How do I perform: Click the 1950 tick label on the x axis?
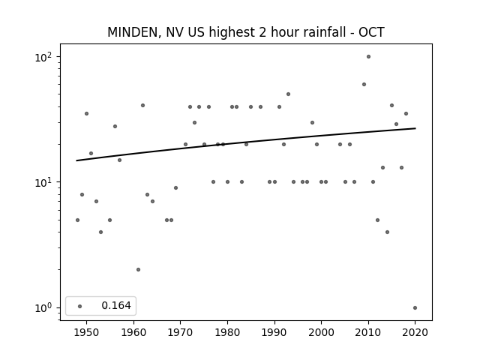[x=87, y=332]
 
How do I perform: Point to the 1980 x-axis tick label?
[x=227, y=332]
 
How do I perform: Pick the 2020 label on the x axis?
[x=415, y=332]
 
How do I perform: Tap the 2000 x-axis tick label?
[x=322, y=332]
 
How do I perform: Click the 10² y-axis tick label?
[x=43, y=57]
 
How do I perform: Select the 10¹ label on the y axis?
[x=43, y=182]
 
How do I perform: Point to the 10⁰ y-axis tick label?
[x=43, y=307]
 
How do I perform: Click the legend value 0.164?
[x=116, y=305]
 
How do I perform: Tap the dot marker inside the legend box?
[x=80, y=306]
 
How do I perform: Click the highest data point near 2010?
[x=368, y=57]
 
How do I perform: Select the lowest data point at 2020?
[x=415, y=308]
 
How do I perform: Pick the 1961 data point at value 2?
[x=138, y=270]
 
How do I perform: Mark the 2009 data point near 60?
[x=364, y=85]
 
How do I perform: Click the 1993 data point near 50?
[x=288, y=94]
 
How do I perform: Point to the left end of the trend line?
[x=76, y=160]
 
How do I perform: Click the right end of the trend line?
[x=415, y=128]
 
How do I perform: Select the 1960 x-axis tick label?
[x=133, y=332]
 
